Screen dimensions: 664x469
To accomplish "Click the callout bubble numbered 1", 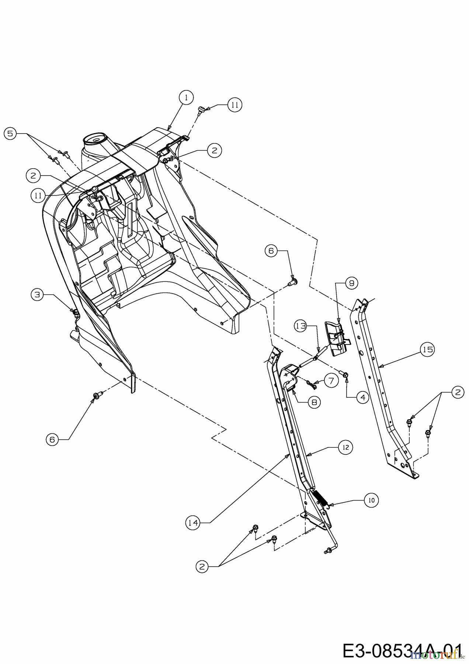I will tap(186, 97).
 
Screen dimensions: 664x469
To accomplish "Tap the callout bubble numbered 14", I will tap(193, 523).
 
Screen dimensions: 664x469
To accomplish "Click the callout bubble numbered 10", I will tap(371, 500).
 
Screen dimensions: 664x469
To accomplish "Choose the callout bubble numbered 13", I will tap(301, 326).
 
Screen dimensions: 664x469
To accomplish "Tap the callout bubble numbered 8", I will tap(314, 402).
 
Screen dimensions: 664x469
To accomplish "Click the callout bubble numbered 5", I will tap(10, 134).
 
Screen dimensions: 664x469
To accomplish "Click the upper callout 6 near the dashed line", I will tap(271, 250).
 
